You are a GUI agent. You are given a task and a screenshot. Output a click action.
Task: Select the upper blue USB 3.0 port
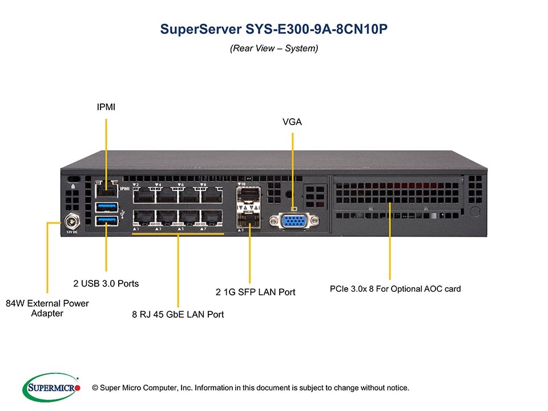[x=106, y=205]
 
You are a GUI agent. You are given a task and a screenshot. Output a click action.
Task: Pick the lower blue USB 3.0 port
[x=106, y=220]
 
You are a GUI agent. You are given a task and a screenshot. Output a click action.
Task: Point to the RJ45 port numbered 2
[x=143, y=195]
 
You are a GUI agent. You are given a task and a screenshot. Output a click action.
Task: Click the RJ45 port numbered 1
[x=143, y=219]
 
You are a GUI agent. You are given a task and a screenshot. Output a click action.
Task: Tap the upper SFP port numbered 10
[x=249, y=196]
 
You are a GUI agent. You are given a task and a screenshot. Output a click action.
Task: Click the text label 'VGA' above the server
[x=292, y=122]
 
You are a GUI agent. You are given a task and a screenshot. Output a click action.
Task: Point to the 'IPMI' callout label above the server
[x=105, y=106]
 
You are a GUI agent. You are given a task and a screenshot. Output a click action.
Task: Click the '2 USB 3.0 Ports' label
[x=106, y=283]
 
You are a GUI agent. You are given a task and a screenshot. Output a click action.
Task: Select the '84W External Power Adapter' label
[x=47, y=308]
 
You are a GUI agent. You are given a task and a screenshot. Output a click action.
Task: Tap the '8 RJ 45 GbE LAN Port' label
[x=178, y=314]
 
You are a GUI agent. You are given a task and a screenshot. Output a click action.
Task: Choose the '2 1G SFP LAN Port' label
[x=255, y=292]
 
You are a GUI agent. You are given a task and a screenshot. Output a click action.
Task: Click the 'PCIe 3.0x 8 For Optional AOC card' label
[x=395, y=289]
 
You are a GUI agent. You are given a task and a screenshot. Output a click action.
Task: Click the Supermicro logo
[x=51, y=388]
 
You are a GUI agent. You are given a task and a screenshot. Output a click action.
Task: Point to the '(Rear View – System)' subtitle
[x=274, y=49]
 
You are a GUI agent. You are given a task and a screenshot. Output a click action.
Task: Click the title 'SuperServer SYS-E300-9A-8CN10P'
[x=274, y=29]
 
